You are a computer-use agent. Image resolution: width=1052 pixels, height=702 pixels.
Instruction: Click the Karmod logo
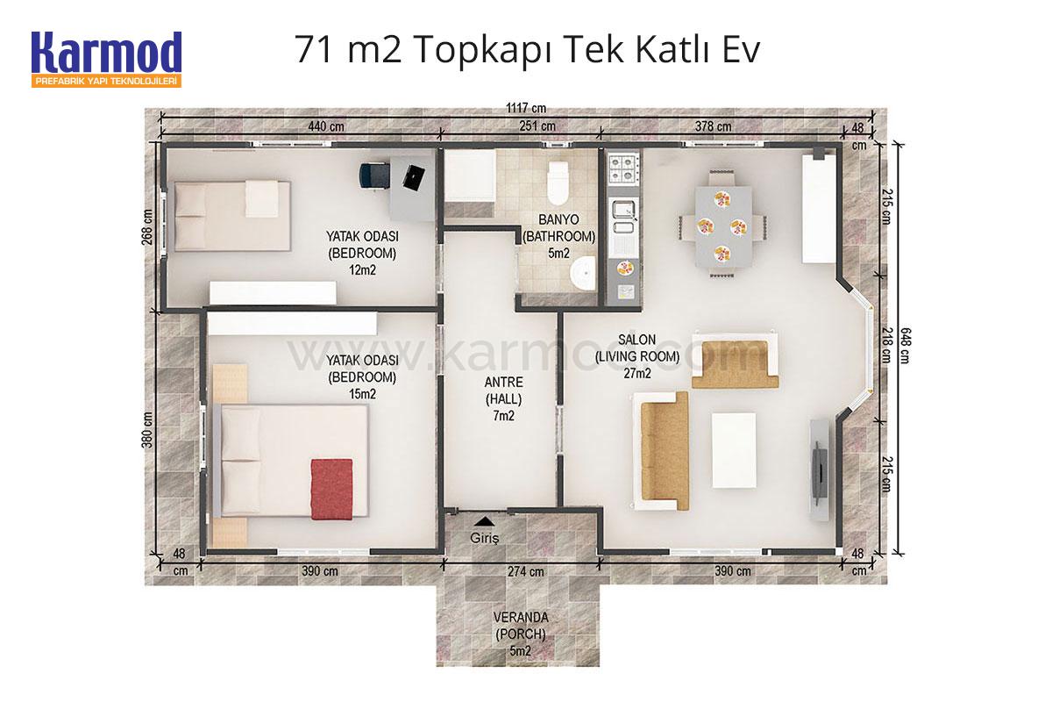coord(107,60)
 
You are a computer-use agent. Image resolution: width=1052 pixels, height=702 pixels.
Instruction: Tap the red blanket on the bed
coord(331,489)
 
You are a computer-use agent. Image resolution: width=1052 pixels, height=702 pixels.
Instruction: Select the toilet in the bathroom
coord(558,183)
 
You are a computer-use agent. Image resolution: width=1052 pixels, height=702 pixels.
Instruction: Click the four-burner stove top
coord(623,168)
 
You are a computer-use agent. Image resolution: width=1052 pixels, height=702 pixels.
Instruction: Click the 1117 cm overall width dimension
coord(526,108)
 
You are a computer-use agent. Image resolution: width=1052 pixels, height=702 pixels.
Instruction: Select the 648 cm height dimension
coord(906,346)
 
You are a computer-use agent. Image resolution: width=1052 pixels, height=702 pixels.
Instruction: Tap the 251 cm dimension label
coord(537,126)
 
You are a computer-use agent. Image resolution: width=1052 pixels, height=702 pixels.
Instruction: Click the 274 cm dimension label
coord(525,571)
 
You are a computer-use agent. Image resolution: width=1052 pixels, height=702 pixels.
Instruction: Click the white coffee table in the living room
coord(734,450)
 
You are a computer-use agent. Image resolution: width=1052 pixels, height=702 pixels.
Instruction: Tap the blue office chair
coord(374,175)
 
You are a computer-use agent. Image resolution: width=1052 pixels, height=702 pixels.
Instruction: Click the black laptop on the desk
coord(414,178)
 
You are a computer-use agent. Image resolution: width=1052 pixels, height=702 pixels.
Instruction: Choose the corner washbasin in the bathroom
coord(583,274)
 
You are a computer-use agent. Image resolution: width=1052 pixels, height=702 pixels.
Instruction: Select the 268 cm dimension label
coord(147,227)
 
